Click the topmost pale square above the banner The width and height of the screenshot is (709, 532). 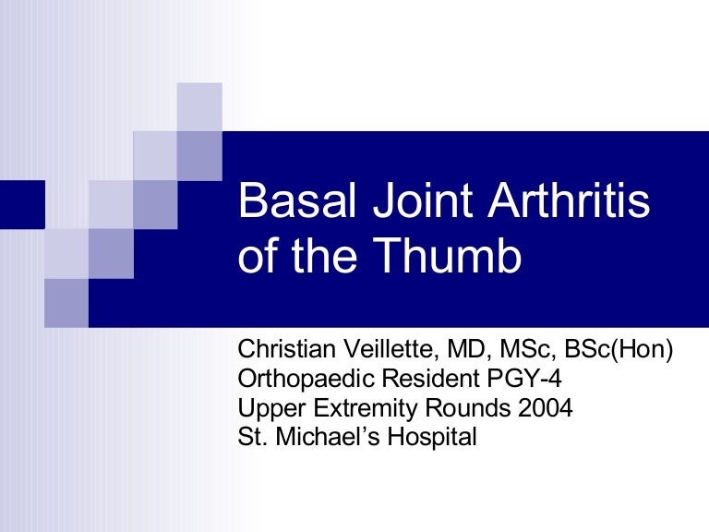pos(199,105)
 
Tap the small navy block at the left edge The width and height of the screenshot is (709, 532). pos(22,204)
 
